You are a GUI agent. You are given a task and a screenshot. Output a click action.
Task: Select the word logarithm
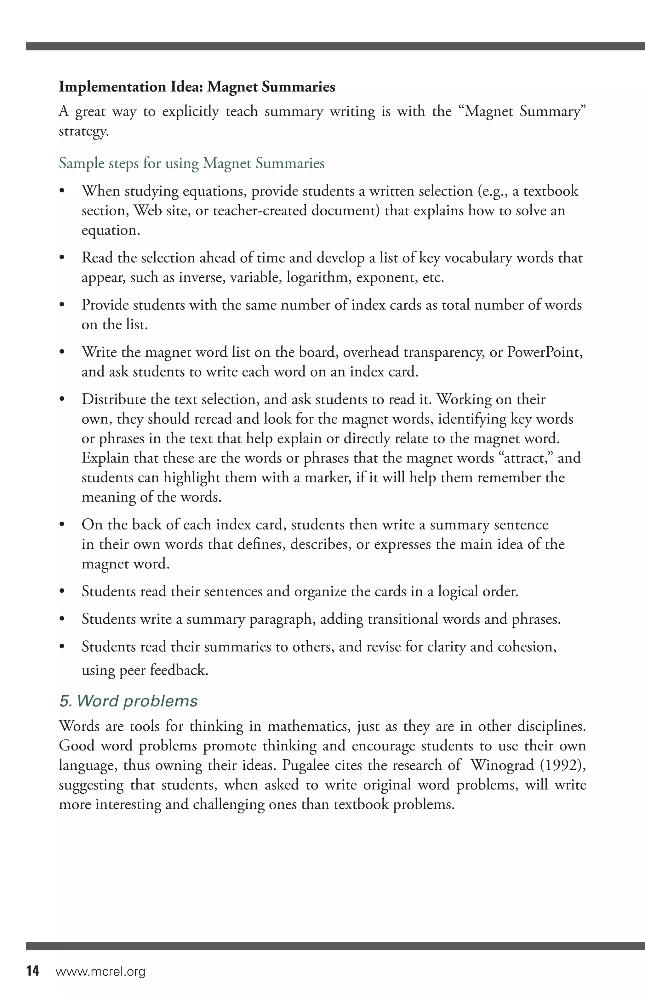tap(318, 277)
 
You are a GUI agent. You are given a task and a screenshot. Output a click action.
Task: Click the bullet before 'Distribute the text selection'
tap(62, 400)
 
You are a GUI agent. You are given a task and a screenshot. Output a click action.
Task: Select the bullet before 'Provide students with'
tap(62, 305)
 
